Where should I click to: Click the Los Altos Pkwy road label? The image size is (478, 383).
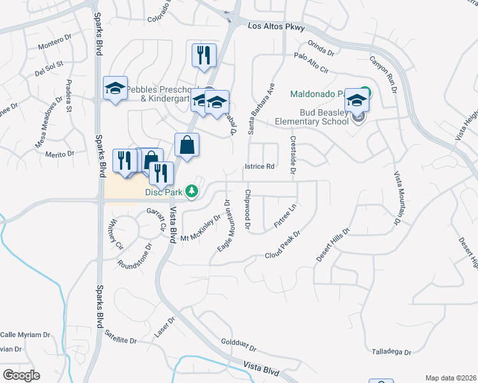click(x=277, y=27)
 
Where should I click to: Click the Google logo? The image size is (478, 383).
click(x=20, y=375)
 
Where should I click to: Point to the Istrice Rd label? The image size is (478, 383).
click(x=259, y=167)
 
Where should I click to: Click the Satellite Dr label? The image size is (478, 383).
click(x=121, y=336)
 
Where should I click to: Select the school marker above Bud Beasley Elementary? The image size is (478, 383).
click(x=357, y=99)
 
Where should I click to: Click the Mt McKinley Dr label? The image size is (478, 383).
click(x=200, y=228)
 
